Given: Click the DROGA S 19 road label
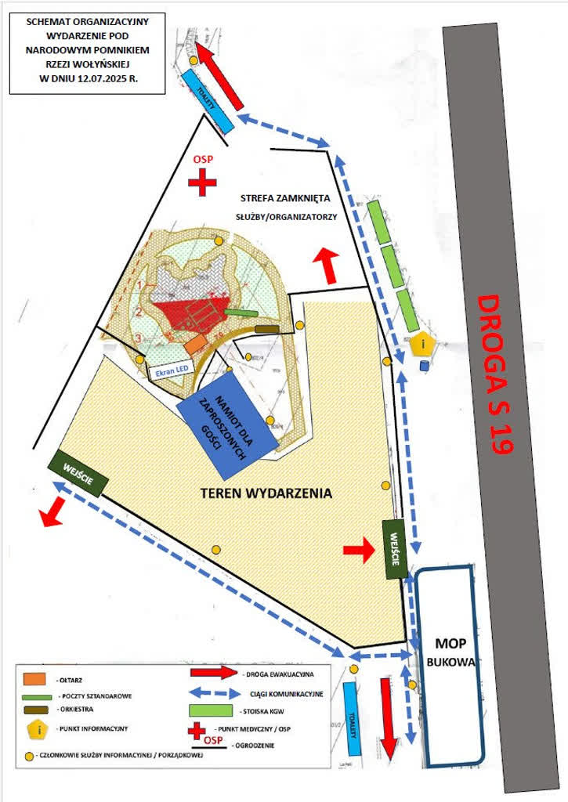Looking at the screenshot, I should pyautogui.click(x=495, y=374).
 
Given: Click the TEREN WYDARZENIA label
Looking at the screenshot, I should pyautogui.click(x=266, y=493).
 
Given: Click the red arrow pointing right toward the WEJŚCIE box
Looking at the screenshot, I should pyautogui.click(x=359, y=551).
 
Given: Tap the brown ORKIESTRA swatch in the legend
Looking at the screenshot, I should pyautogui.click(x=34, y=710).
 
